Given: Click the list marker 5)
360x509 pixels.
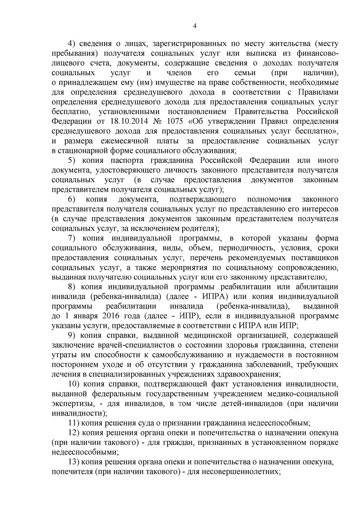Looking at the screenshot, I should (x=74, y=161).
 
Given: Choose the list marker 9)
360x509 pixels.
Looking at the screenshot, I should (x=74, y=336).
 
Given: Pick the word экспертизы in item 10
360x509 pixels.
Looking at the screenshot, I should (x=71, y=404).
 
